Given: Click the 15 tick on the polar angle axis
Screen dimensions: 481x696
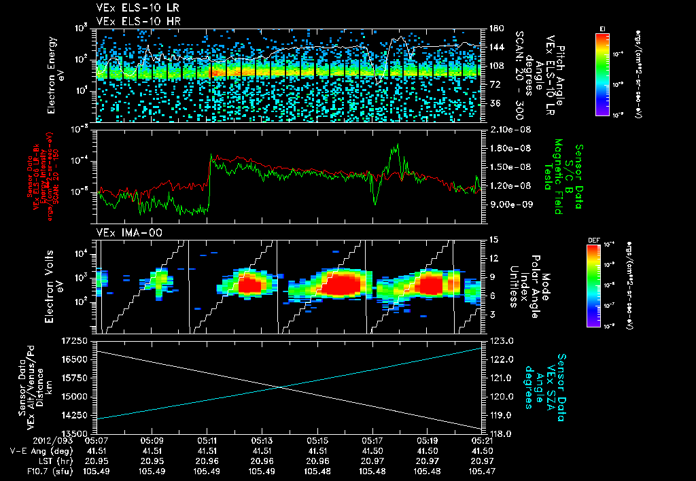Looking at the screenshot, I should (x=493, y=240).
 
